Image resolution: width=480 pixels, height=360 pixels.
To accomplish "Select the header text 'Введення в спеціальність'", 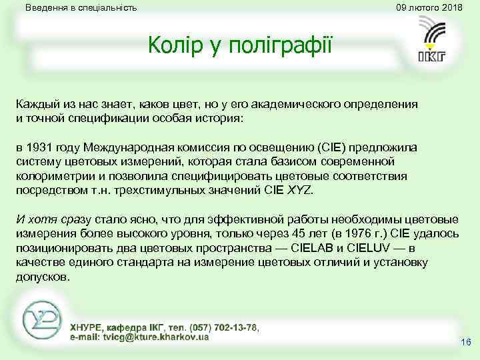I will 81,8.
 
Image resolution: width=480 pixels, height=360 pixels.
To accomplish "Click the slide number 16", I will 465,342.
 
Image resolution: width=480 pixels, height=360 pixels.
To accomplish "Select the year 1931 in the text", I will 41,148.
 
